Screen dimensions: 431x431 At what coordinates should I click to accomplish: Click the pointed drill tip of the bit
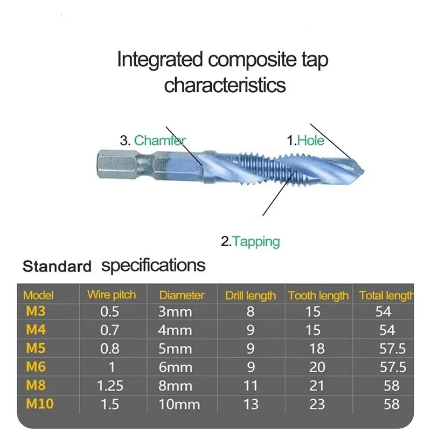363,172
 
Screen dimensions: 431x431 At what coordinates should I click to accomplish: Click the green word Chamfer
159,141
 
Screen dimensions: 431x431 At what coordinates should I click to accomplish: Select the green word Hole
311,141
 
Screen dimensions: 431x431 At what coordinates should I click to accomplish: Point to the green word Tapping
256,242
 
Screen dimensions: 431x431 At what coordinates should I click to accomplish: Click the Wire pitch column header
112,295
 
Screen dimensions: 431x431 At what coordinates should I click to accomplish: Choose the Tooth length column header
318,296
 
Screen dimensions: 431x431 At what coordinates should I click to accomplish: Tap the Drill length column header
251,296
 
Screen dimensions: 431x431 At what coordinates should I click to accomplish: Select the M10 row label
40,404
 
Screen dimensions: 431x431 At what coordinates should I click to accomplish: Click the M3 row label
36,311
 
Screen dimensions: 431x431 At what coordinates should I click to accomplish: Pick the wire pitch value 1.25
110,386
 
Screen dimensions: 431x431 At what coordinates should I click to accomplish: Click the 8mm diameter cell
175,386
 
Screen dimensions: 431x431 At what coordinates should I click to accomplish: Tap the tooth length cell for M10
317,405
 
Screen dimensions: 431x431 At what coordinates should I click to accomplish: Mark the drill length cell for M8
251,386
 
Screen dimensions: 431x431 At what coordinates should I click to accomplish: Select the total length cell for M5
393,349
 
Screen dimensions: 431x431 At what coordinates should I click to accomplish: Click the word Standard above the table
57,266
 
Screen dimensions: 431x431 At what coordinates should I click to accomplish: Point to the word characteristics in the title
225,85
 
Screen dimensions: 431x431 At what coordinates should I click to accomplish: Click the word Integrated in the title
160,60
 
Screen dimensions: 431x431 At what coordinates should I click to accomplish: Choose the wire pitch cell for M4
109,330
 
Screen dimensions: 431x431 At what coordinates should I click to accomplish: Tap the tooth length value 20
317,367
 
